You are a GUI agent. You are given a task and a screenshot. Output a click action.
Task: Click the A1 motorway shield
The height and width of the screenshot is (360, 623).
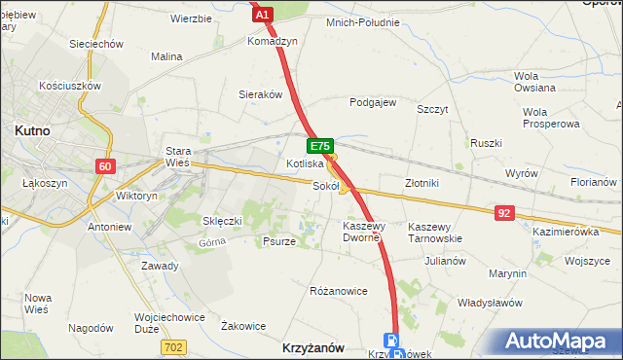point(261,14)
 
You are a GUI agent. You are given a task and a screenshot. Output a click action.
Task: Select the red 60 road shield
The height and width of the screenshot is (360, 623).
point(106,166)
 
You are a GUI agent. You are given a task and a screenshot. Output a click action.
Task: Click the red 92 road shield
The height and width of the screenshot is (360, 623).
point(503,211)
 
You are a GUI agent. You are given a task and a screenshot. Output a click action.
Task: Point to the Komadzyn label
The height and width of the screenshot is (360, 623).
point(272,43)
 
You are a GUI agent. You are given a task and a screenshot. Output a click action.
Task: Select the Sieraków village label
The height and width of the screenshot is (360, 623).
point(261,95)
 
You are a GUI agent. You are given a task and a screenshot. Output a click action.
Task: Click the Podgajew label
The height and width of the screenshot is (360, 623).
point(373,101)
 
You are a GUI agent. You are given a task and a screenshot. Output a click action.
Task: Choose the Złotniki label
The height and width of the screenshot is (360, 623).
point(422,183)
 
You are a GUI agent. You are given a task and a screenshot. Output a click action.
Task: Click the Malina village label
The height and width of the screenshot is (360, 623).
point(166,56)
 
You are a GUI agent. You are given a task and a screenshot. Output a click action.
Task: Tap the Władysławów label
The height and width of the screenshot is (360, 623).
point(490,304)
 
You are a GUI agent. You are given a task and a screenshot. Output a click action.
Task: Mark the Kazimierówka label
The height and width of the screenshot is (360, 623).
point(565,232)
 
